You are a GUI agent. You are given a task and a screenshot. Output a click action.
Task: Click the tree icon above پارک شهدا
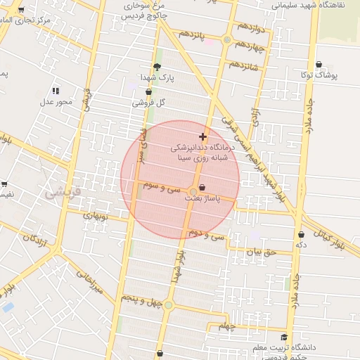(167, 67)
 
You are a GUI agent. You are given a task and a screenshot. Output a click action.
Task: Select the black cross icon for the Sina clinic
(203, 136)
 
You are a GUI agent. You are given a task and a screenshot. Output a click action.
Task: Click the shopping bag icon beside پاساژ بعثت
(203, 188)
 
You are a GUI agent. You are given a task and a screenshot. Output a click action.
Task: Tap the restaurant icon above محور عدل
(56, 91)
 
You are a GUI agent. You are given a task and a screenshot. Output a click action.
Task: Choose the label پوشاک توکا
(319, 74)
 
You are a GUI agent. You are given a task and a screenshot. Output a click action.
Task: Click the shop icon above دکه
(301, 234)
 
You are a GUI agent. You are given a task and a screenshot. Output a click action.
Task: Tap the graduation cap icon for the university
(284, 337)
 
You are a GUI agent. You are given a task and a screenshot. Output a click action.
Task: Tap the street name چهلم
(225, 326)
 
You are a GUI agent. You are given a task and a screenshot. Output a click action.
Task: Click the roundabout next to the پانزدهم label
(226, 40)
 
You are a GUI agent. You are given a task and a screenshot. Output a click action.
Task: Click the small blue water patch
(8, 307)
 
